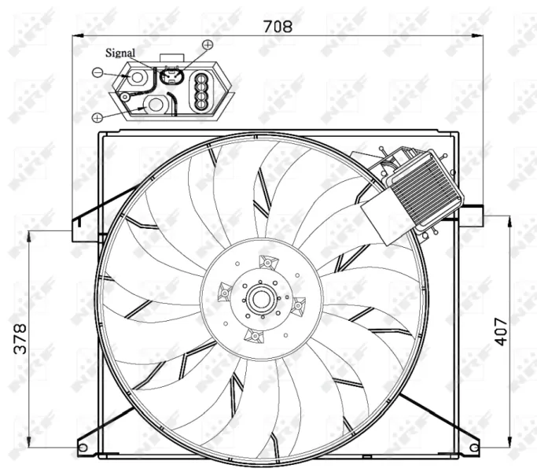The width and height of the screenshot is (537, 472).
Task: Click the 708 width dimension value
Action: pyautogui.click(x=276, y=27)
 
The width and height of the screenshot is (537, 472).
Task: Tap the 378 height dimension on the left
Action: pyautogui.click(x=21, y=338)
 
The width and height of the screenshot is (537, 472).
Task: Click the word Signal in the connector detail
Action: pyautogui.click(x=120, y=53)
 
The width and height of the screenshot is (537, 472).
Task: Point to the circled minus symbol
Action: pyautogui.click(x=97, y=72)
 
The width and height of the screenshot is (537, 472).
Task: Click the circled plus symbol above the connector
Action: pyautogui.click(x=208, y=45)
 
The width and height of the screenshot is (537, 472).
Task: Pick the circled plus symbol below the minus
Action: pyautogui.click(x=97, y=117)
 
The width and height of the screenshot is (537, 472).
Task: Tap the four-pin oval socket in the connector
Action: pyautogui.click(x=201, y=90)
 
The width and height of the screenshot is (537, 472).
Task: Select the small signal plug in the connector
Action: pyautogui.click(x=170, y=76)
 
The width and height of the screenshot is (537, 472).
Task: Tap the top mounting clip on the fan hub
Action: pyautogui.click(x=267, y=262)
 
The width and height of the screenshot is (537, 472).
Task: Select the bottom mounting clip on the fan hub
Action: pyautogui.click(x=252, y=336)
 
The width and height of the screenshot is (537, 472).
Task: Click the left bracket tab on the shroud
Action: pyautogui.click(x=79, y=229)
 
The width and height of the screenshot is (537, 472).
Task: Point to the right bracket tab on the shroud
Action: pyautogui.click(x=470, y=216)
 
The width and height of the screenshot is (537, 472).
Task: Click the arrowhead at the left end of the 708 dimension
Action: pyautogui.click(x=77, y=35)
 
